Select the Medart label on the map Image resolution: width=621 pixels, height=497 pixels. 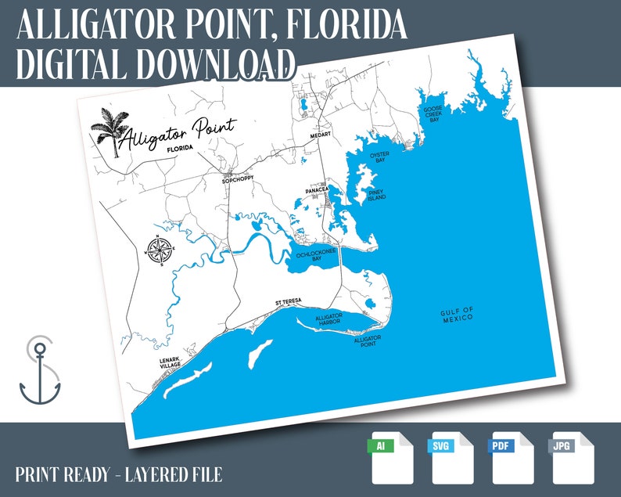(x=321, y=135)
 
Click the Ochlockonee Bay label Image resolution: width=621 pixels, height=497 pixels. (x=313, y=255)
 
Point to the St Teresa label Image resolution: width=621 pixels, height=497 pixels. (x=288, y=303)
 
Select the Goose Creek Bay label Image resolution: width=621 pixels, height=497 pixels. (x=433, y=113)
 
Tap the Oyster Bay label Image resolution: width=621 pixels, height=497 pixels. (x=379, y=157)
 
